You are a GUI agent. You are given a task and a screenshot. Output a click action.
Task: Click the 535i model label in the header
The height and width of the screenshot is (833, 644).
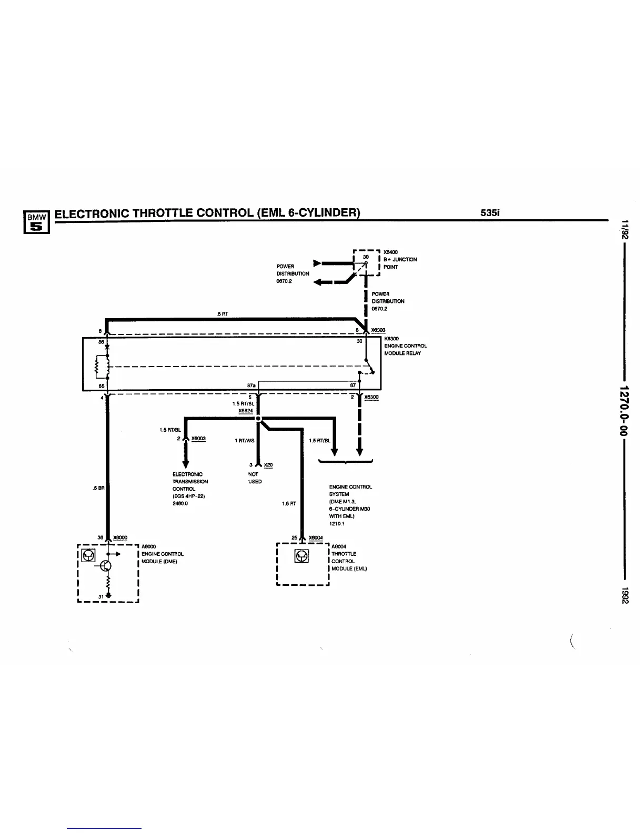(x=489, y=213)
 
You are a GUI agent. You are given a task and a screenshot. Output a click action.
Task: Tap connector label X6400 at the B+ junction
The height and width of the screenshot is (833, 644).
(x=390, y=252)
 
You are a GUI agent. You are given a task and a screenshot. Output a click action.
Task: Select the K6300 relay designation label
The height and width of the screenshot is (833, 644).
(x=391, y=339)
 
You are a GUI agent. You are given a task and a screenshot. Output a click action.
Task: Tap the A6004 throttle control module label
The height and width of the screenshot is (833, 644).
(x=339, y=546)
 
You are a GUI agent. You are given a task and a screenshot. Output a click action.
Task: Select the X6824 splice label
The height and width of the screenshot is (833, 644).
(x=246, y=411)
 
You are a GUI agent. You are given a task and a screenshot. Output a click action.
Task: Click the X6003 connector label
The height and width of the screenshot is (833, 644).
(x=198, y=439)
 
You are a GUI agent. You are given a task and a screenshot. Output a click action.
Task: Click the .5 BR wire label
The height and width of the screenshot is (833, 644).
(x=98, y=488)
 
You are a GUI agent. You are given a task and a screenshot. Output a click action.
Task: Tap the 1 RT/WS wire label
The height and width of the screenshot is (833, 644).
(x=244, y=441)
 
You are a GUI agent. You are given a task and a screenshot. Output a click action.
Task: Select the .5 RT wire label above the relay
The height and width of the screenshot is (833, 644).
(x=222, y=314)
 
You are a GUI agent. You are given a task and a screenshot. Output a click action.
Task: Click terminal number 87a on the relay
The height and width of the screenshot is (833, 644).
(x=251, y=385)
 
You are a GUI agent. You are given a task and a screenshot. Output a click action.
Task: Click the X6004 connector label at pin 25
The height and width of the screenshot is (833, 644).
(x=316, y=537)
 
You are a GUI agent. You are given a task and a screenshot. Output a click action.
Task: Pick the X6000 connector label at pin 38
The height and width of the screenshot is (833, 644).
(x=120, y=537)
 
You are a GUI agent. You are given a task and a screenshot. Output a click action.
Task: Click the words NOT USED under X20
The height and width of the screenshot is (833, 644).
(x=255, y=478)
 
